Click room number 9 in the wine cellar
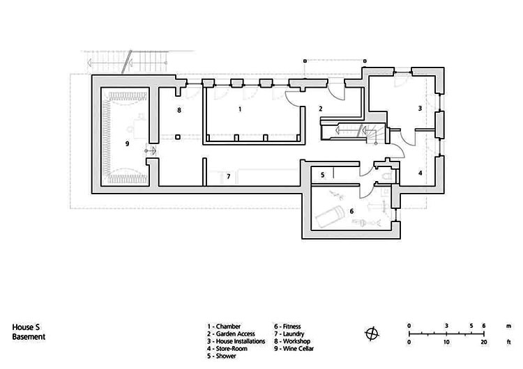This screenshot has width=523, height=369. (x=126, y=143)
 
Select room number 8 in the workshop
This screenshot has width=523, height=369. (x=179, y=110)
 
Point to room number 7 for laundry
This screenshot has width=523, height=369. (x=228, y=176)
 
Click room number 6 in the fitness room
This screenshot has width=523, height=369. (x=351, y=211)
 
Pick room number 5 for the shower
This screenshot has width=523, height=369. (x=322, y=175)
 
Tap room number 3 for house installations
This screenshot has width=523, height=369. (x=420, y=109)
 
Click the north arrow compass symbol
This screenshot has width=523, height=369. (x=373, y=331)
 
